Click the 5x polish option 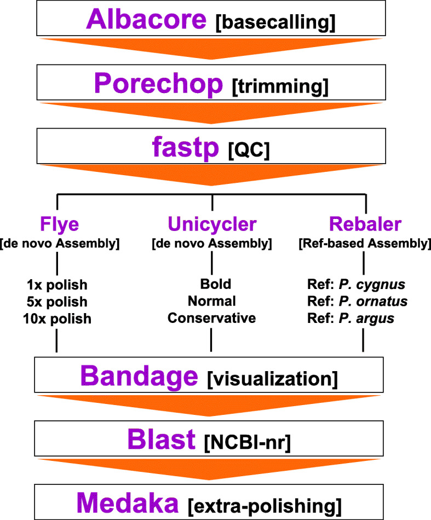(x=57, y=301)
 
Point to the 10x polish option (x=57, y=317)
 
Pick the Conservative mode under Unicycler (x=211, y=317)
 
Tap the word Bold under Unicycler (x=211, y=284)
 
